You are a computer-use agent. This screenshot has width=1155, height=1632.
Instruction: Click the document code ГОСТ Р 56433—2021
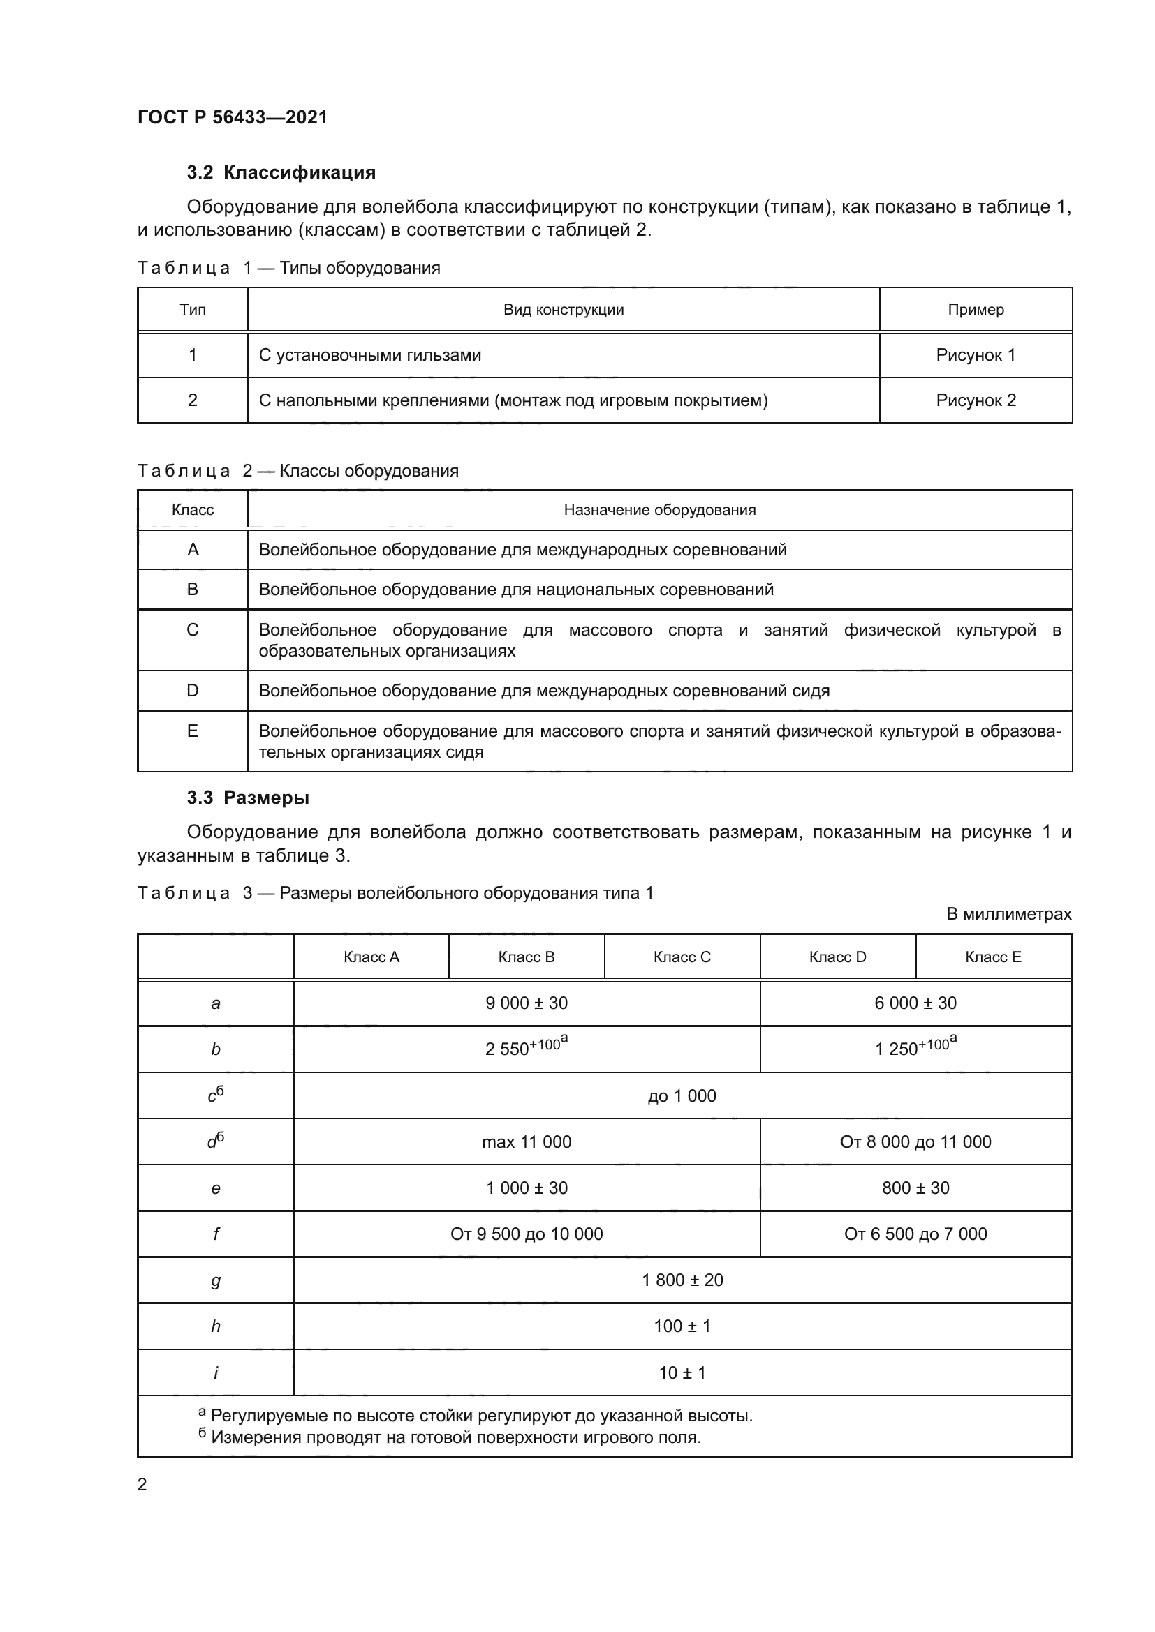click(x=232, y=117)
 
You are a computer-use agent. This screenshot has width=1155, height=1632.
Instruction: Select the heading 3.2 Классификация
click(x=281, y=173)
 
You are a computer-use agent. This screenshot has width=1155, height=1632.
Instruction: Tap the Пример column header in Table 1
click(x=975, y=310)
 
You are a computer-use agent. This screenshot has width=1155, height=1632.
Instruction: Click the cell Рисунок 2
click(x=975, y=400)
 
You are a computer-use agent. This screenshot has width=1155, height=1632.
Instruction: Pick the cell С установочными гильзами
click(x=370, y=355)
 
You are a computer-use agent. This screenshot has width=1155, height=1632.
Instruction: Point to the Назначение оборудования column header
click(x=659, y=509)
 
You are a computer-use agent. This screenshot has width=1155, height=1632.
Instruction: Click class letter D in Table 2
click(x=193, y=691)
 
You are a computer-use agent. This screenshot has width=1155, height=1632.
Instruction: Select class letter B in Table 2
click(x=193, y=590)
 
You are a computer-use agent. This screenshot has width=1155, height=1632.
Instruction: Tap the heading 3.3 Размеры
click(x=247, y=798)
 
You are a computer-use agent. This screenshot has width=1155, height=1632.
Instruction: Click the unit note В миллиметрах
click(x=1008, y=914)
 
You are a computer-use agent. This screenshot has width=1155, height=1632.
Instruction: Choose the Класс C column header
click(x=682, y=957)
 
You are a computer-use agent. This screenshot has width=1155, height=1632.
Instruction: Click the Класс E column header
click(x=993, y=957)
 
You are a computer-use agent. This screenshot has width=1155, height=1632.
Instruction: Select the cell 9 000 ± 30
click(x=527, y=1003)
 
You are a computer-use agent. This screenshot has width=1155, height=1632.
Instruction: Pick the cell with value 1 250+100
click(x=915, y=1049)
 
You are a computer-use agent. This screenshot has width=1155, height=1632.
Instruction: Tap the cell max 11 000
click(x=527, y=1142)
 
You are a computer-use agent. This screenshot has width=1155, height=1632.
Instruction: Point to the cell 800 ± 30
click(x=915, y=1188)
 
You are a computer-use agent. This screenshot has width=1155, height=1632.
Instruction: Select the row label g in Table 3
click(x=216, y=1281)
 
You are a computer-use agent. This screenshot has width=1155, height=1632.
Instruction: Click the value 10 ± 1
click(x=682, y=1373)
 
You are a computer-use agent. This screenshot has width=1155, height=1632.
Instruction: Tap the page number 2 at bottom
click(x=142, y=1484)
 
